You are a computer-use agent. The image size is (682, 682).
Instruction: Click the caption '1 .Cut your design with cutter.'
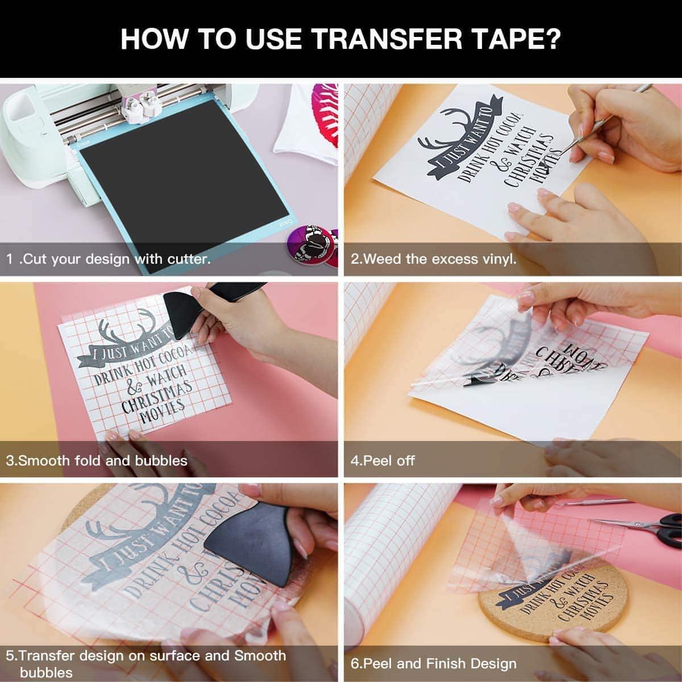click(109, 259)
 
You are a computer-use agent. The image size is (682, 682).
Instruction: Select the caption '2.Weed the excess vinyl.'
click(434, 259)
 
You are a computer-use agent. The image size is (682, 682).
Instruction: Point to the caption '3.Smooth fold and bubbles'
click(97, 460)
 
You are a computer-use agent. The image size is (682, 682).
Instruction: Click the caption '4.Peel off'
click(382, 460)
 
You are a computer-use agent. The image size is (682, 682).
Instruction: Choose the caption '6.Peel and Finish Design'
click(434, 663)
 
